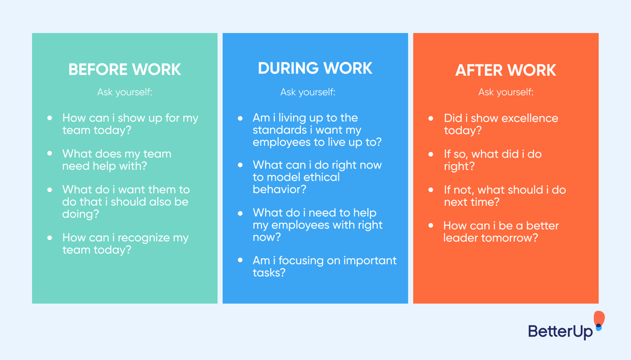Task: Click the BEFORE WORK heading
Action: coord(125,70)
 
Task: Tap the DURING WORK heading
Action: coord(315,69)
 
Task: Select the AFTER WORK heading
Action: coord(505,71)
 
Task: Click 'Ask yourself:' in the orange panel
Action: coord(505,92)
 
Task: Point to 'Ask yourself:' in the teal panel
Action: coord(125,92)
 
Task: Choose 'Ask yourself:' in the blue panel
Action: coord(307,92)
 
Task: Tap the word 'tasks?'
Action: coord(269,273)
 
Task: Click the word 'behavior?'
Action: coord(279,189)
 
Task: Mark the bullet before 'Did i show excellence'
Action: coord(431,118)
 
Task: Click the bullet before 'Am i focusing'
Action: coord(240,260)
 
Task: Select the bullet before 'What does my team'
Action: coord(50,153)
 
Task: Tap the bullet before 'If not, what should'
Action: coord(431,190)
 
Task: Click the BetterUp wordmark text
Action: coord(560,332)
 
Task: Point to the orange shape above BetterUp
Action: coord(599,318)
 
